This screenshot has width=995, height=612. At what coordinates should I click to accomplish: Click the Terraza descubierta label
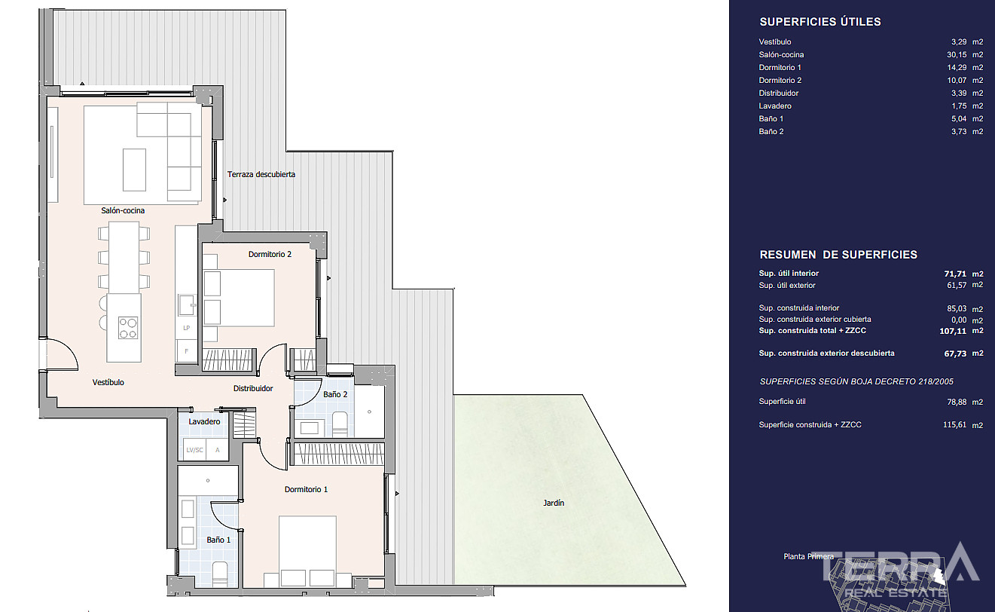click(261, 174)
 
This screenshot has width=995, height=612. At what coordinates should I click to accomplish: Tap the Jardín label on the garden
click(554, 503)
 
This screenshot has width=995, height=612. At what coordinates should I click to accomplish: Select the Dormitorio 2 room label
click(270, 254)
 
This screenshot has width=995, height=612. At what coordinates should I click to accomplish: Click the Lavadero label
click(204, 421)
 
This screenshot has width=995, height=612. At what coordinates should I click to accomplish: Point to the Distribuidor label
click(253, 388)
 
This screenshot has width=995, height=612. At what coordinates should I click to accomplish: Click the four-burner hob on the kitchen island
click(128, 328)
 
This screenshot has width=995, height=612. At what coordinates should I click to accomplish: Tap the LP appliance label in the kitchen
click(187, 328)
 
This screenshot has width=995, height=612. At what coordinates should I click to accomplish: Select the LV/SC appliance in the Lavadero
click(194, 450)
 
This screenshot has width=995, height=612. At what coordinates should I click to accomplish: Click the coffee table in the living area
click(134, 170)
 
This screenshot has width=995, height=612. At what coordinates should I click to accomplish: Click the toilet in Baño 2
click(340, 424)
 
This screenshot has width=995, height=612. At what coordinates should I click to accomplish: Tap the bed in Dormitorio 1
click(307, 551)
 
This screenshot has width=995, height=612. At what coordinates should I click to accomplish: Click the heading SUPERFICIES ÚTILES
click(820, 22)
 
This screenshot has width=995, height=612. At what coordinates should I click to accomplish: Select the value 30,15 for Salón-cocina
click(957, 55)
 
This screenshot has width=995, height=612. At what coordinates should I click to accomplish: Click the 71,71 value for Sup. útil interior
click(955, 274)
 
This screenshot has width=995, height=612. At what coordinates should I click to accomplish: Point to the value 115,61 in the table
click(954, 425)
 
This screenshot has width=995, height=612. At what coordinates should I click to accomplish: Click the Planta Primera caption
click(808, 556)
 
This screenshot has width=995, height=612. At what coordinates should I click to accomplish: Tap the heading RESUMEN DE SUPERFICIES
click(838, 255)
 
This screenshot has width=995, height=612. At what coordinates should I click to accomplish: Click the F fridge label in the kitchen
click(187, 351)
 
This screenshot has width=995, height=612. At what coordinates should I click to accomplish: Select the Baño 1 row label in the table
click(771, 118)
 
